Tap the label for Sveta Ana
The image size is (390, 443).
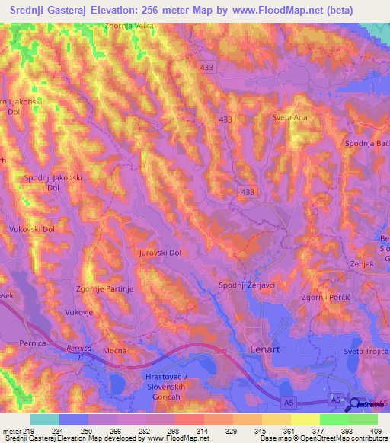289,117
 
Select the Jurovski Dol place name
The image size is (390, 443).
160,253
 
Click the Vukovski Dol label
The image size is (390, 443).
32,228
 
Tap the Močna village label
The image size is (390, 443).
114,351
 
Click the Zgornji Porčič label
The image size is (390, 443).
328,297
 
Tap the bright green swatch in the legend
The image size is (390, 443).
334,419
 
